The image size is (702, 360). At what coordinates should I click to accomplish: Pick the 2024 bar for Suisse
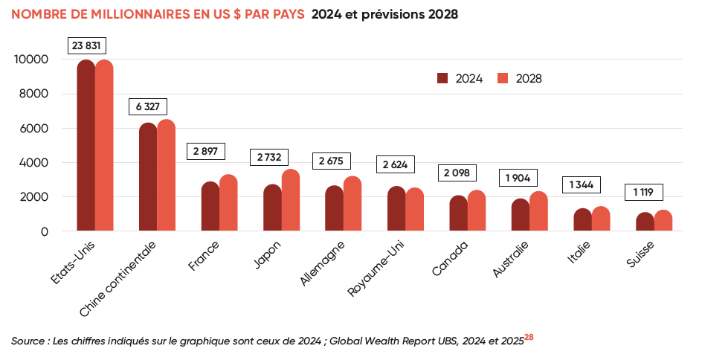645,222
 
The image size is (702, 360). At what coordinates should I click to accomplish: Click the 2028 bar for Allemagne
352,204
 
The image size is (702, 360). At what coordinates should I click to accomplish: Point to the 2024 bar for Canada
458,213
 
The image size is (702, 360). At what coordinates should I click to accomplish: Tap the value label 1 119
644,193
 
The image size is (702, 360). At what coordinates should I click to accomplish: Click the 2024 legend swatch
442,78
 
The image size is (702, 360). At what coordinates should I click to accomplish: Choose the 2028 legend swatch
502,78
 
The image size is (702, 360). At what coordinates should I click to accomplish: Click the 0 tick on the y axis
45,231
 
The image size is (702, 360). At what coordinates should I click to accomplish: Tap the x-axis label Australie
511,260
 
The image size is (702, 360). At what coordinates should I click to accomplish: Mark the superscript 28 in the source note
529,337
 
